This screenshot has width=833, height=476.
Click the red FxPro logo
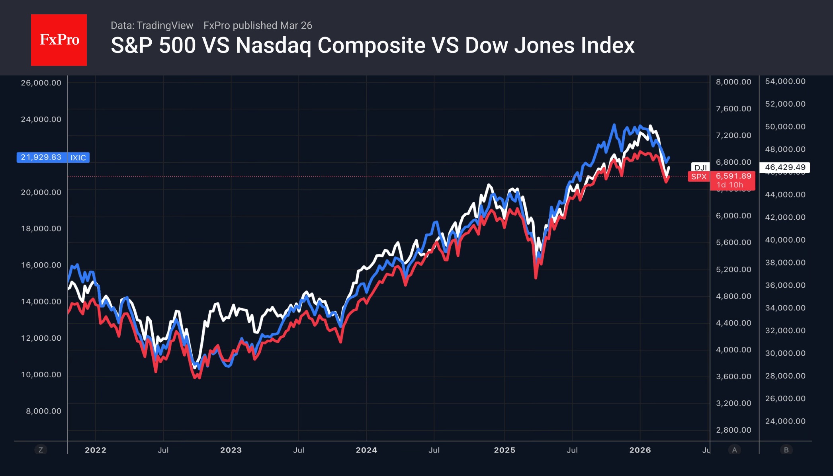(x=59, y=40)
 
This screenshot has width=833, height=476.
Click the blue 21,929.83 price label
(x=41, y=157)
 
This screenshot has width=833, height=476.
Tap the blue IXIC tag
(x=78, y=158)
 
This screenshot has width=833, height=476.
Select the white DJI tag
(x=700, y=168)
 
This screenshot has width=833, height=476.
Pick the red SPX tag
(x=699, y=177)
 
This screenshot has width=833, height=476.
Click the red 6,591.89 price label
(x=733, y=176)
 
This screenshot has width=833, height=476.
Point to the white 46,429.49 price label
(x=785, y=167)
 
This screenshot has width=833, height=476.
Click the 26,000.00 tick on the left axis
(x=41, y=83)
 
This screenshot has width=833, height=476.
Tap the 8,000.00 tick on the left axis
(x=44, y=411)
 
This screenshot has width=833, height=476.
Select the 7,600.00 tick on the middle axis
(x=733, y=109)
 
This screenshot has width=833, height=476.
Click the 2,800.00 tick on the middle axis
(x=733, y=430)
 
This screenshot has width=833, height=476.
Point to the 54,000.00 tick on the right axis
(x=785, y=81)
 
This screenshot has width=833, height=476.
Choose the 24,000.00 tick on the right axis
(x=785, y=421)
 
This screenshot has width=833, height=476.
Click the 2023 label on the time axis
(x=231, y=450)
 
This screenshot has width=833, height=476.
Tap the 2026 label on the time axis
(x=640, y=450)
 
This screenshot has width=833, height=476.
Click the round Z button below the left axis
(x=41, y=450)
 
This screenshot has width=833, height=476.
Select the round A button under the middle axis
(x=734, y=450)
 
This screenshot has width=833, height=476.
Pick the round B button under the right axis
(x=786, y=450)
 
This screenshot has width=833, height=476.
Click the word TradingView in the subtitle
(x=165, y=25)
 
